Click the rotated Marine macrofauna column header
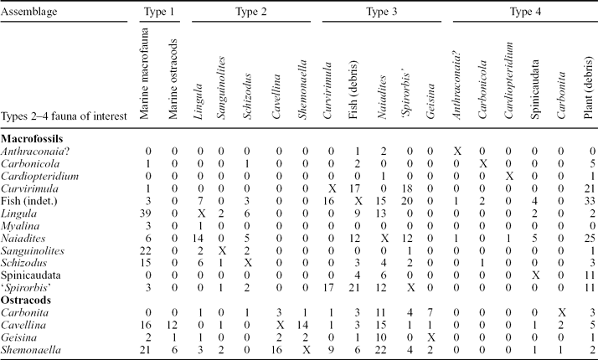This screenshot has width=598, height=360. (x=147, y=76)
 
